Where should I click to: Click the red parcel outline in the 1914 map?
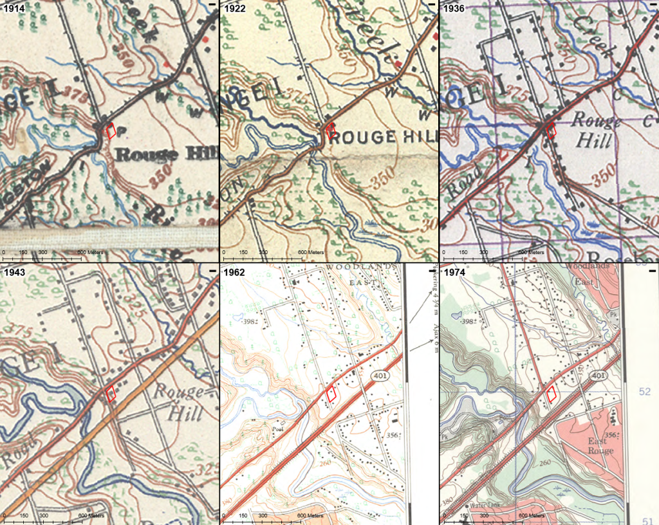111,131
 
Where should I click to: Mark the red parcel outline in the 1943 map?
111,392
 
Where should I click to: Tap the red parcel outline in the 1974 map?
552,394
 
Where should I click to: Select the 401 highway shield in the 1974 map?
599,374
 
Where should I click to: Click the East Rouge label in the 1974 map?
600,446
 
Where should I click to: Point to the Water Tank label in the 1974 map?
487,506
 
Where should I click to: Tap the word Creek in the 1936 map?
586,39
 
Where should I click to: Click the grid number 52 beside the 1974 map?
645,391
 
